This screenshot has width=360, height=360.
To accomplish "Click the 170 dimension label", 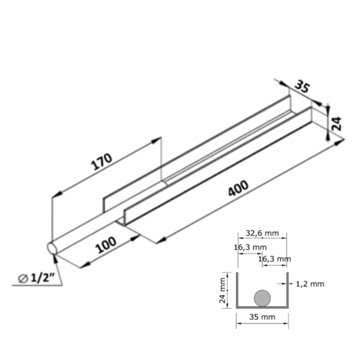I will click(x=102, y=163).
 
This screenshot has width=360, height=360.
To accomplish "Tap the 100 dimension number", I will click(x=106, y=246).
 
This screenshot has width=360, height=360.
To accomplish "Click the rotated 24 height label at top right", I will click(x=336, y=123).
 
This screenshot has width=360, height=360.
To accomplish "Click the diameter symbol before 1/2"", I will click(x=23, y=278).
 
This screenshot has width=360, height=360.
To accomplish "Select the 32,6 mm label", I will click(x=262, y=233).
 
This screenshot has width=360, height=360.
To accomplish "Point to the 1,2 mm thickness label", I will click(x=310, y=284).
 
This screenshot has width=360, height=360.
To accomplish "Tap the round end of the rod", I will click(x=52, y=248).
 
